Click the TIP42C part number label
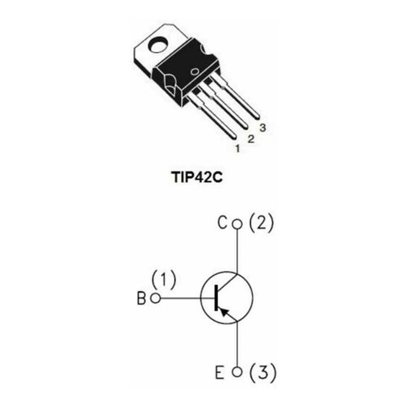click(x=197, y=177)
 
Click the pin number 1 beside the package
click(x=237, y=149)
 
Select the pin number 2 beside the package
click(x=251, y=139)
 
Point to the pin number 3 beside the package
click(x=262, y=128)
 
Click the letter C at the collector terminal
click(x=222, y=224)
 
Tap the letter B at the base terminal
click(x=141, y=299)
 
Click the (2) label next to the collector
click(x=261, y=223)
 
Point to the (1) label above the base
click(x=164, y=280)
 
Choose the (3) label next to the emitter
click(x=262, y=372)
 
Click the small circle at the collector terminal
click(x=237, y=224)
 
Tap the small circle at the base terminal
click(x=155, y=299)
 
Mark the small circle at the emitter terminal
click(x=237, y=372)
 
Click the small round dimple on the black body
click(x=195, y=72)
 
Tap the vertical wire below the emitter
click(x=237, y=343)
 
